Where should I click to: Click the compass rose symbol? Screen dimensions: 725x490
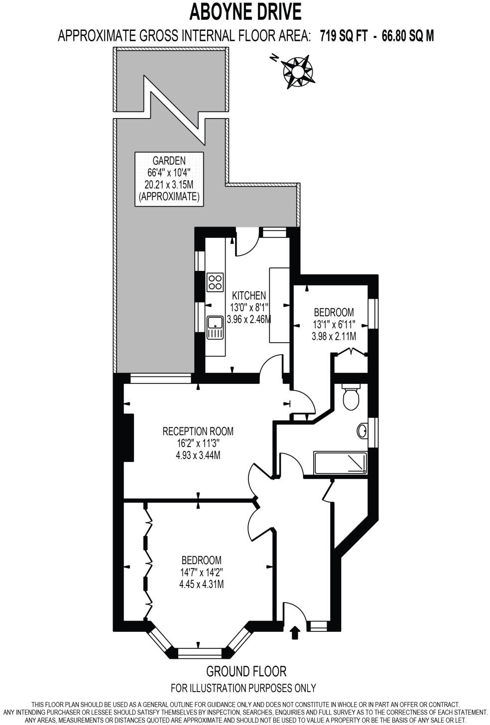click(298, 72)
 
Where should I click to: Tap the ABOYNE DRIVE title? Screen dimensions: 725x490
click(245, 11)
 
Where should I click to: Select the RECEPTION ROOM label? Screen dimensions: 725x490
click(198, 431)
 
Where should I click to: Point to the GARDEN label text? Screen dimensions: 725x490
click(169, 160)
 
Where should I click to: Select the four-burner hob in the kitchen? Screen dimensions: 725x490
click(216, 282)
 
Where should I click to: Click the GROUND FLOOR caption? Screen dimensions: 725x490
click(246, 671)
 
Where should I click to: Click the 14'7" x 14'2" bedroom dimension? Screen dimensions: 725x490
click(201, 572)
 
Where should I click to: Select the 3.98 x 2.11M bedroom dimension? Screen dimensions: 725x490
click(334, 336)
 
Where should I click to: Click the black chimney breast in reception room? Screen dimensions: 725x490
click(128, 438)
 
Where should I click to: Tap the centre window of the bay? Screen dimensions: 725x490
click(198, 651)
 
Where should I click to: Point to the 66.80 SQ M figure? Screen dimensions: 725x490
click(408, 36)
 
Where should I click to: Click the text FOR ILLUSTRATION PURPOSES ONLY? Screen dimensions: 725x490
click(243, 688)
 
